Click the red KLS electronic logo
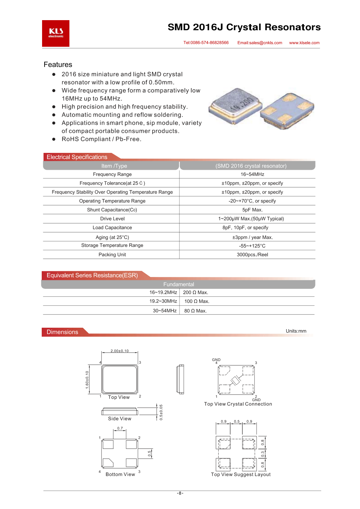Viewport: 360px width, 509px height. (56, 33)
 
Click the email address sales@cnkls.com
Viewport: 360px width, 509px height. (260, 43)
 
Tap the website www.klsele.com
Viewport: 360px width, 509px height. (304, 43)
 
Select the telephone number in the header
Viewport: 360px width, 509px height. (206, 43)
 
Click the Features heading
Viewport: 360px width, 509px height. (58, 65)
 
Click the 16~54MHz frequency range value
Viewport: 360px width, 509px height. (252, 174)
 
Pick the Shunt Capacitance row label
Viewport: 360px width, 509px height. (112, 210)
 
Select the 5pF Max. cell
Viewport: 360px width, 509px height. (252, 210)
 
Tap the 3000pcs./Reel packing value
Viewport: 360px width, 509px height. (252, 255)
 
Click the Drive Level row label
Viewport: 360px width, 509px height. (112, 219)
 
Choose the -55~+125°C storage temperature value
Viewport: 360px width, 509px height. (252, 246)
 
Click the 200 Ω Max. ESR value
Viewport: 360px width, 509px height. (196, 292)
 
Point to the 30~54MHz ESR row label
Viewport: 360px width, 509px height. (165, 311)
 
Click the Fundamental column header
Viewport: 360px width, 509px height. (179, 284)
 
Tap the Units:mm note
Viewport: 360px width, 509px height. (296, 331)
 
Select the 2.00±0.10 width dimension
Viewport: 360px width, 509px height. (119, 351)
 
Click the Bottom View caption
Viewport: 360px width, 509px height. (120, 474)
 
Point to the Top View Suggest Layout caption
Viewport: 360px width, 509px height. (241, 474)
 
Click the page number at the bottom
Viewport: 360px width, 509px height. (180, 493)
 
